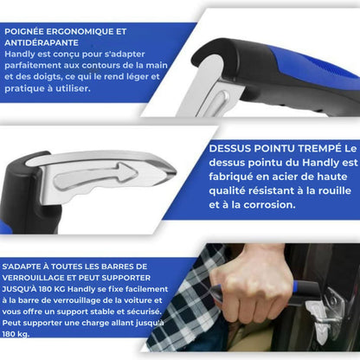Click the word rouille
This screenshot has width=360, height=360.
coord(322,192)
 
